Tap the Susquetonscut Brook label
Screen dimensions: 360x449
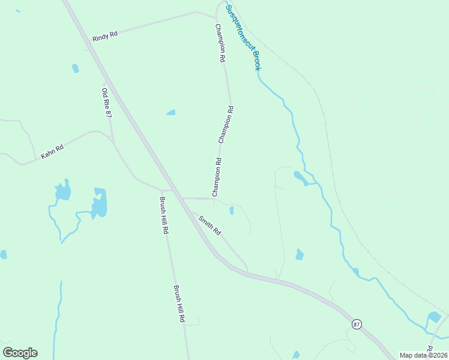pyautogui.click(x=243, y=37)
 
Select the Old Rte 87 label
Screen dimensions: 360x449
pyautogui.click(x=107, y=103)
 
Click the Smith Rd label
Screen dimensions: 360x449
pyautogui.click(x=210, y=225)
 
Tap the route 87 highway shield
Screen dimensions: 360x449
pyautogui.click(x=357, y=324)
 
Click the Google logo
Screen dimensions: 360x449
pyautogui.click(x=20, y=353)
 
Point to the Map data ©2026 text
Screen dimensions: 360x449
pyautogui.click(x=424, y=355)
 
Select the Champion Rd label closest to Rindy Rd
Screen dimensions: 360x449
pyautogui.click(x=220, y=44)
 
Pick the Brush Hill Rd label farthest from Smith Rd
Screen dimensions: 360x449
pyautogui.click(x=179, y=304)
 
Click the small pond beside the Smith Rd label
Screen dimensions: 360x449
pyautogui.click(x=232, y=210)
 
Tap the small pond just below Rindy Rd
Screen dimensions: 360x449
pyautogui.click(x=75, y=68)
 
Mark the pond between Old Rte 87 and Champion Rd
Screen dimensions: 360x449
pyautogui.click(x=171, y=112)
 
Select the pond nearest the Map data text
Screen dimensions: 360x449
pyautogui.click(x=434, y=317)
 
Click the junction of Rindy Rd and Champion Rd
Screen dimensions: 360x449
pyautogui.click(x=214, y=17)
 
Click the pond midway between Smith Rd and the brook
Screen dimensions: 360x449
pyautogui.click(x=299, y=254)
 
